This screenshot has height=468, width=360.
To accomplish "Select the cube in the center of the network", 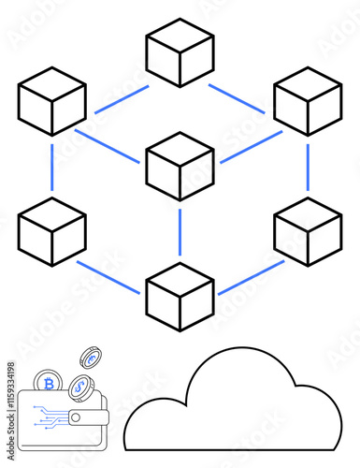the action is (180, 166).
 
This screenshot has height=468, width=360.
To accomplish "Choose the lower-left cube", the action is (52, 231).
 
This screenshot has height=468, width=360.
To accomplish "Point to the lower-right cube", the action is (308, 231).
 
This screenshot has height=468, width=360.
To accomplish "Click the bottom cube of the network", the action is (180, 297).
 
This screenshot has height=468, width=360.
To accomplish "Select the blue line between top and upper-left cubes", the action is (121, 99).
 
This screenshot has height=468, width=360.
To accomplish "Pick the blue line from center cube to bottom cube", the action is (180, 231).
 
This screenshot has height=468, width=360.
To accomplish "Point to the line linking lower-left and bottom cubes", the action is (109, 277).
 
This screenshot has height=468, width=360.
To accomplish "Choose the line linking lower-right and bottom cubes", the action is (251, 277).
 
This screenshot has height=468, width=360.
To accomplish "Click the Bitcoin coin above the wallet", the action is (49, 384).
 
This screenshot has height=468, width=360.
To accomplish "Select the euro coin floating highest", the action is (91, 358).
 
